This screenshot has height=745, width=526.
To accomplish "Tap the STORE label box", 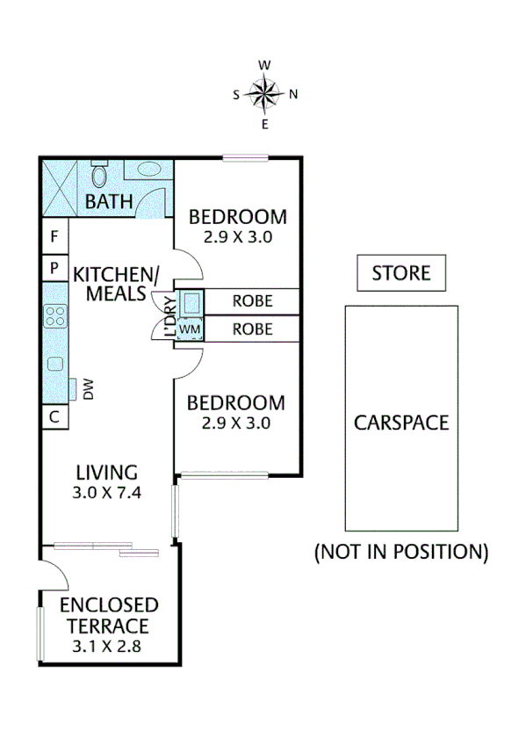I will point(400,273).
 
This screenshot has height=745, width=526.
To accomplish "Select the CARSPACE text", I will point(401,422).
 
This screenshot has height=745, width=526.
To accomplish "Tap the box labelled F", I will point(54,236).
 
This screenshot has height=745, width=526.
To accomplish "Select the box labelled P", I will point(54,267).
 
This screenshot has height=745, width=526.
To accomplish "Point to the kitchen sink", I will point(56,364).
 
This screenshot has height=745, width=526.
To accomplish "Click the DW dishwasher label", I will point(89,388).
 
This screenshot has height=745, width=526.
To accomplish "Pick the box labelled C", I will point(54,416).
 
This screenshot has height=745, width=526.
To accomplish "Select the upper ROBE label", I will point(252,301).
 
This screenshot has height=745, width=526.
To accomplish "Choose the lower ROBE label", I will point(252,329).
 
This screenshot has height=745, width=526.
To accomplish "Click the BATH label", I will point(109,202).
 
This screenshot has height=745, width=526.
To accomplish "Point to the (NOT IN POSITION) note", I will point(400,553).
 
